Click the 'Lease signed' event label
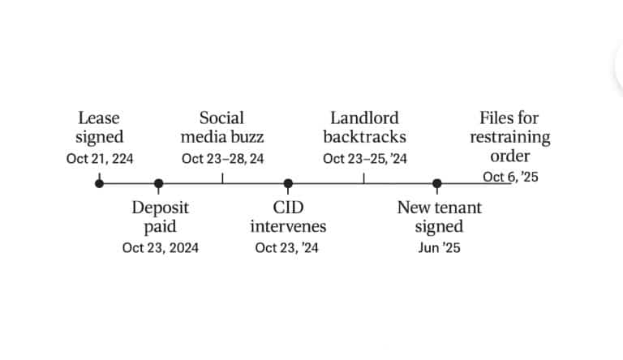pyautogui.click(x=99, y=127)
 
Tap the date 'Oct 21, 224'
pyautogui.click(x=100, y=159)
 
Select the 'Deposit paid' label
pyautogui.click(x=160, y=217)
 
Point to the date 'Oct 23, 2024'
pyautogui.click(x=161, y=248)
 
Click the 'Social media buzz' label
pyautogui.click(x=222, y=127)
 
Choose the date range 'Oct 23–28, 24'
pyautogui.click(x=222, y=159)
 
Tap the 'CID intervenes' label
pyautogui.click(x=288, y=217)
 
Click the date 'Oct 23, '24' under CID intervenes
pyautogui.click(x=287, y=248)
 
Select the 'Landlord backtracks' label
pyautogui.click(x=365, y=127)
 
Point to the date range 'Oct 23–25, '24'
pyautogui.click(x=365, y=159)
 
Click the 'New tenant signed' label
pyautogui.click(x=439, y=217)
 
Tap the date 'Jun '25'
pyautogui.click(x=439, y=248)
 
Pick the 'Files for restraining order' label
pyautogui.click(x=509, y=137)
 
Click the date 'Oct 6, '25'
pyautogui.click(x=510, y=177)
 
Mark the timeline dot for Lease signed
pyautogui.click(x=99, y=183)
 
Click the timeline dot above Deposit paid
pyautogui.click(x=158, y=183)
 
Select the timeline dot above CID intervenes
pyautogui.click(x=288, y=183)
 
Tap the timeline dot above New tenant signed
pyautogui.click(x=437, y=183)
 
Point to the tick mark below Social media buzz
pyautogui.click(x=222, y=178)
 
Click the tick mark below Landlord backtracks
pyautogui.click(x=364, y=178)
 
